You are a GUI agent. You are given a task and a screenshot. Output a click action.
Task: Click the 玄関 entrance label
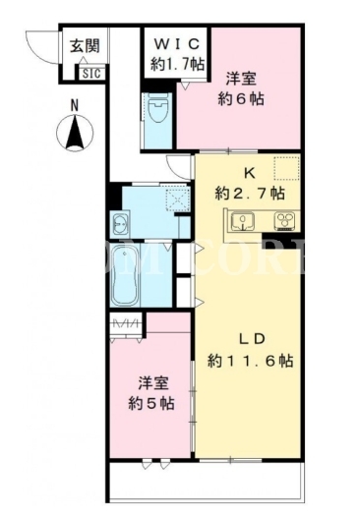(85, 46)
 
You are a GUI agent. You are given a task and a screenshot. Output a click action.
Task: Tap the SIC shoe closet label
(91, 73)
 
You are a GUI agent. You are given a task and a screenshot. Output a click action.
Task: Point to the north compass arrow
(75, 133)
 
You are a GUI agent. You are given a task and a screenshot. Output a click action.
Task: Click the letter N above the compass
(75, 105)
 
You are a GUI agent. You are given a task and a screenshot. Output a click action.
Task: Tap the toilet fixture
(157, 107)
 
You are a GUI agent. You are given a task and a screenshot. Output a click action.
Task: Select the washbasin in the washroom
(120, 224)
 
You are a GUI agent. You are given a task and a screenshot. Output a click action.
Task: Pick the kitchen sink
(242, 221)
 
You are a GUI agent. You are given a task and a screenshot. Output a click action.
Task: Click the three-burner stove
(285, 221)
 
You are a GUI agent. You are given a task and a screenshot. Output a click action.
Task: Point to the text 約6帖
(241, 98)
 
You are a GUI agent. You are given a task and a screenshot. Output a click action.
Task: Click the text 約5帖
(151, 403)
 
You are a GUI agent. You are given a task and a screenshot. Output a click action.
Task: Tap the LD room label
(252, 339)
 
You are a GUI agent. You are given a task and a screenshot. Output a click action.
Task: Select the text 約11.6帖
(250, 361)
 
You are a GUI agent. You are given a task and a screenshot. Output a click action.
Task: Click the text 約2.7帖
(250, 194)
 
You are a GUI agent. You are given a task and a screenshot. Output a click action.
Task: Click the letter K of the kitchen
(249, 173)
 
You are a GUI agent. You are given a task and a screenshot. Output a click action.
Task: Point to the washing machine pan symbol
(178, 200)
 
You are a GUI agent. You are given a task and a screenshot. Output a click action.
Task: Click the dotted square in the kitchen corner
(286, 168)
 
